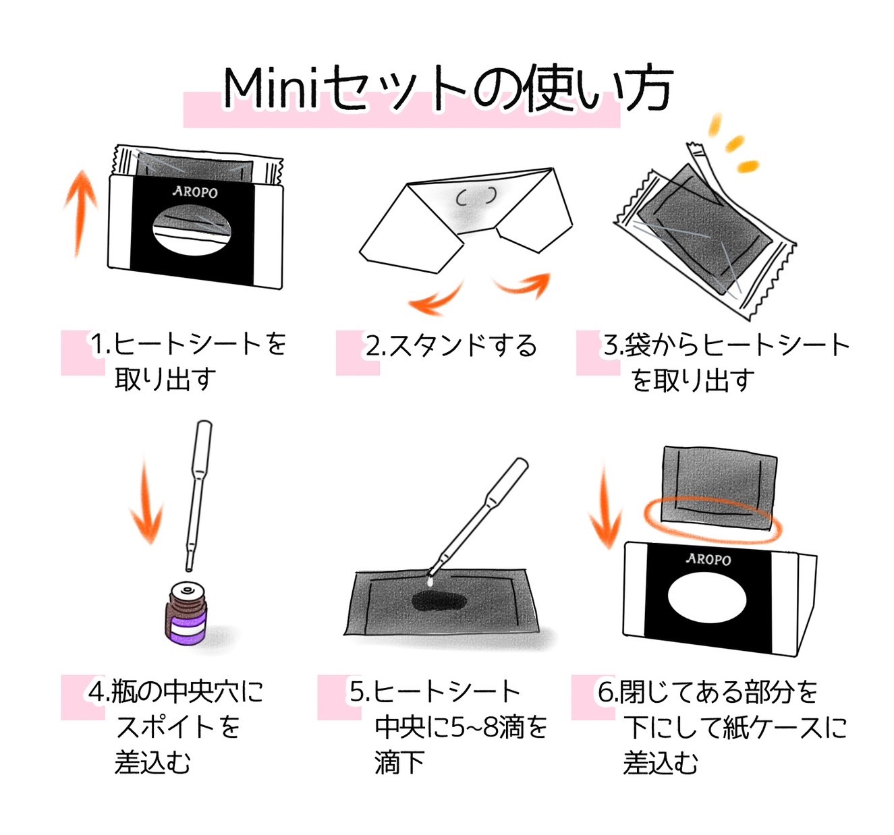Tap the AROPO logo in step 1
click(x=195, y=192)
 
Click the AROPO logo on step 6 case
click(x=708, y=559)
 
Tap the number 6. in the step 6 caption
click(x=607, y=692)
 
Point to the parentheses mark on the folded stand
click(x=476, y=196)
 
